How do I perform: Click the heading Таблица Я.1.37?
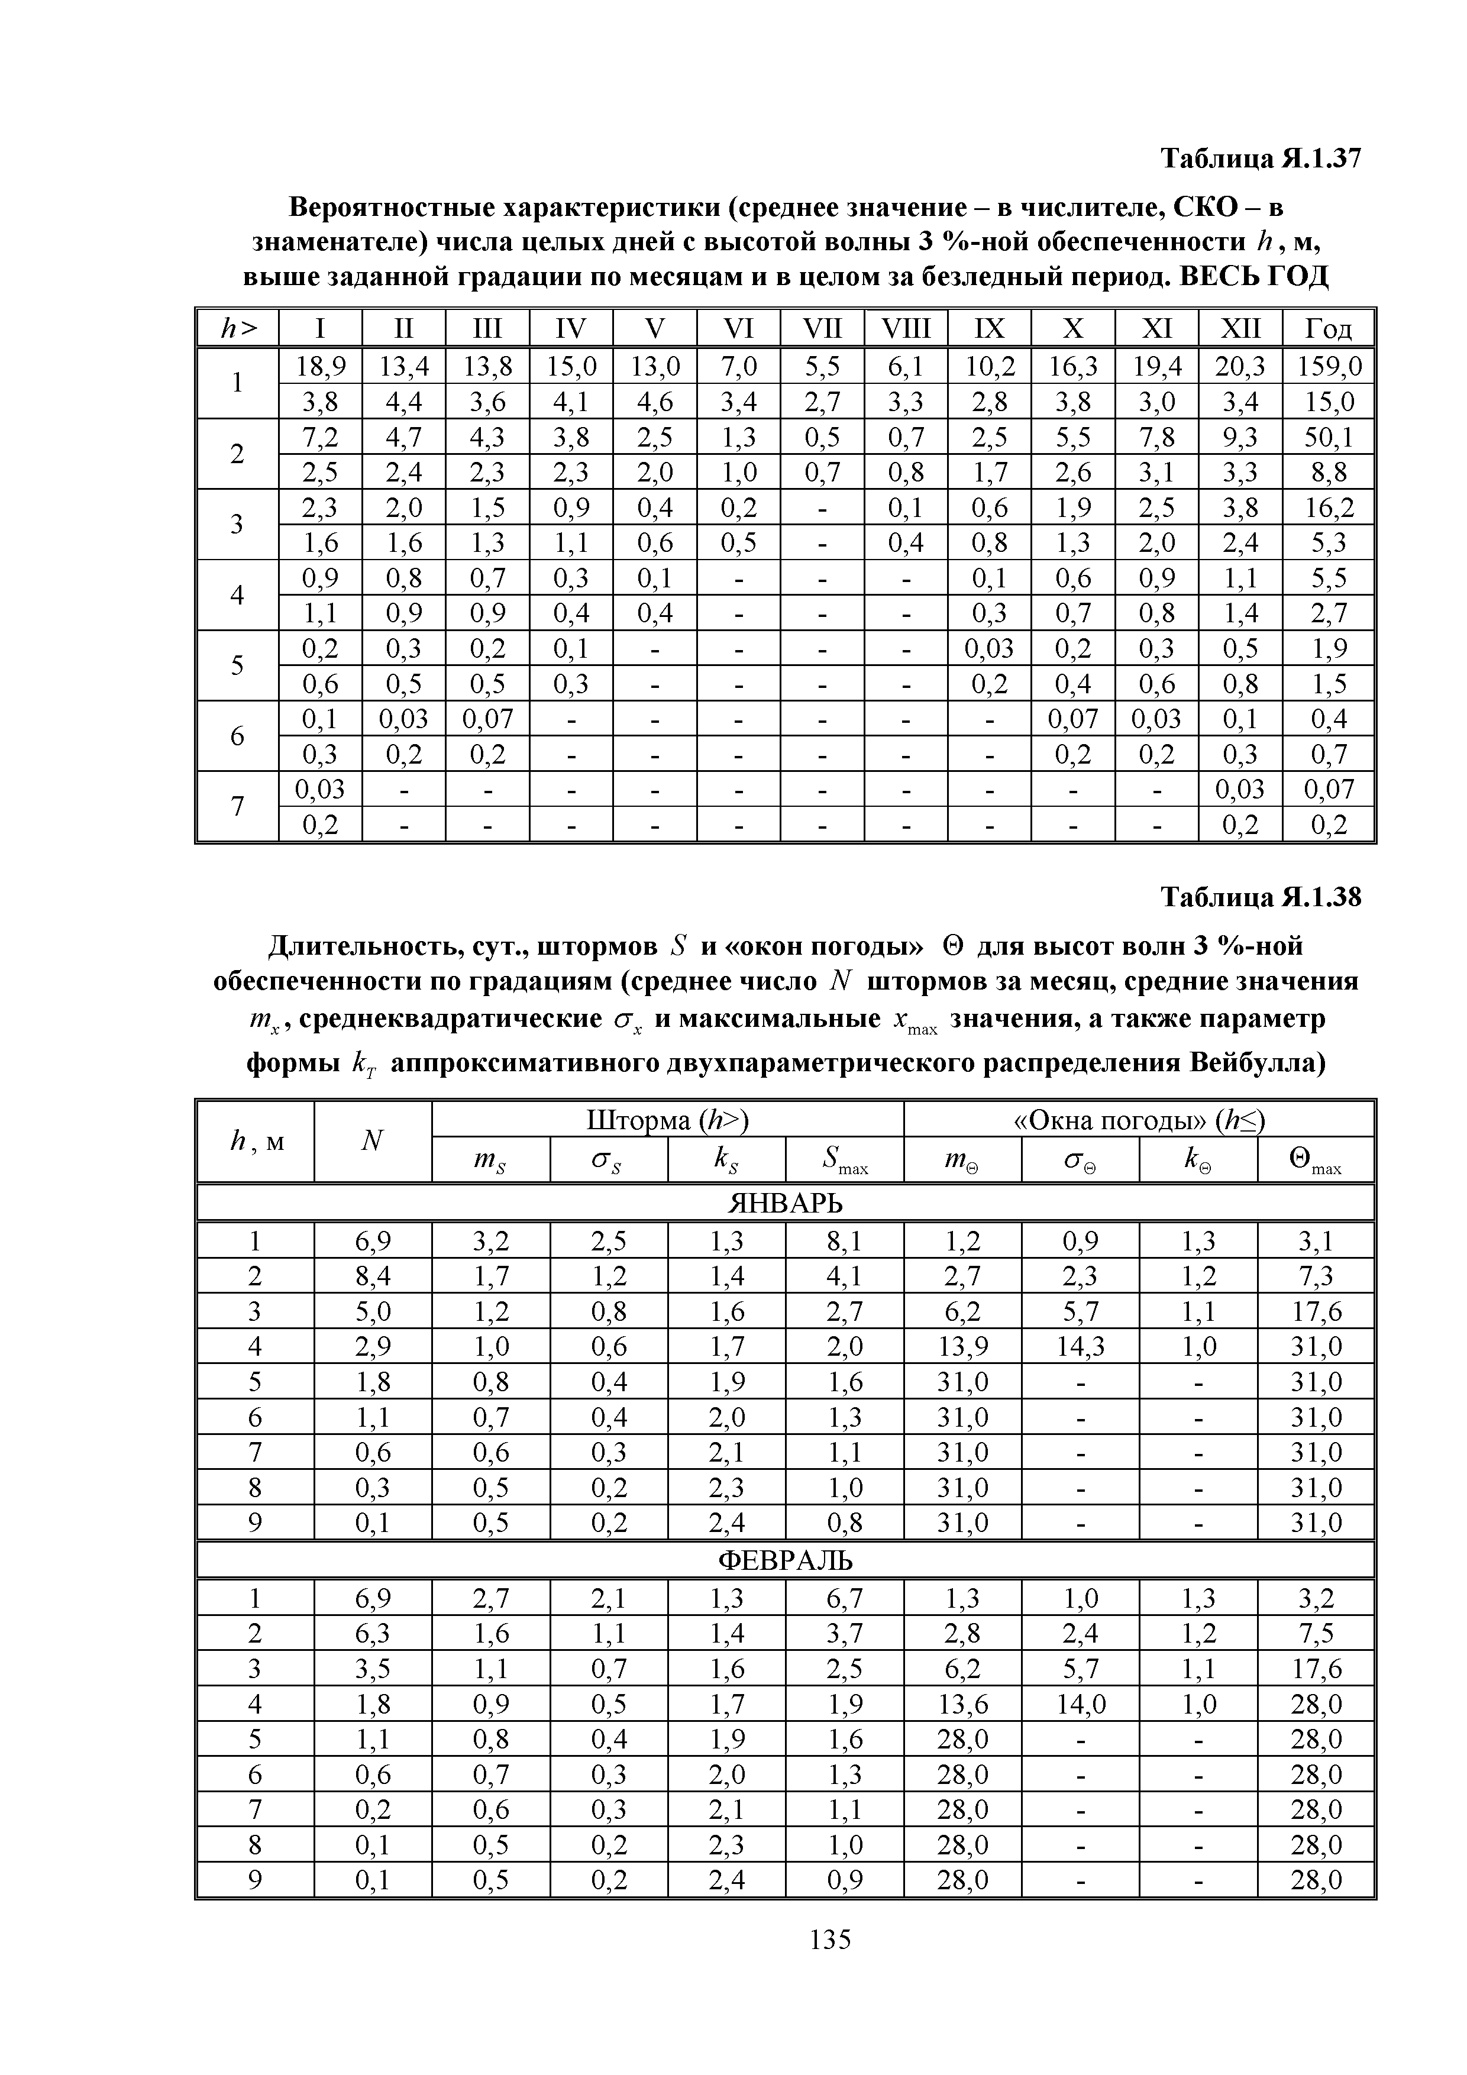(1260, 159)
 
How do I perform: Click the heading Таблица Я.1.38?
(1260, 897)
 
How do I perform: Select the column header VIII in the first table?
(906, 327)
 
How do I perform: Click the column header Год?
(1328, 327)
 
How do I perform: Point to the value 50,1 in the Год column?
(1328, 437)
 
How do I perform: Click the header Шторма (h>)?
(668, 1121)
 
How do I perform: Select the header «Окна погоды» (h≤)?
(1139, 1121)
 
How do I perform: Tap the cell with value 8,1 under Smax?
(844, 1242)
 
